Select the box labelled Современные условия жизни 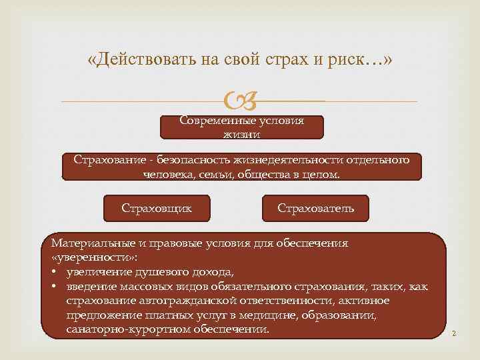(x=242, y=127)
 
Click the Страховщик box (x=157, y=208)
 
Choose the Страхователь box (x=316, y=208)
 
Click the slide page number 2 (x=453, y=333)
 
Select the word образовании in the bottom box (x=345, y=315)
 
